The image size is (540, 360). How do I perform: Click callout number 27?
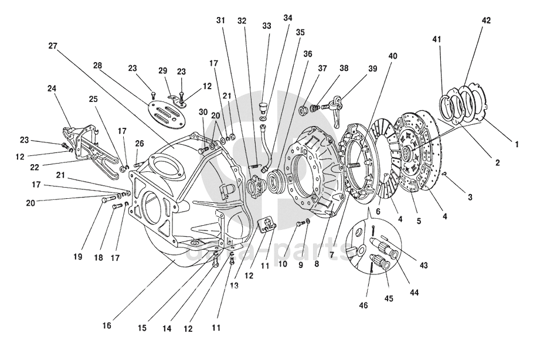click(x=53, y=46)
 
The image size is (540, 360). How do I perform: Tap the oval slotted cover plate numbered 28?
click(x=167, y=111)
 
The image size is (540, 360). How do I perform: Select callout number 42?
click(x=486, y=21)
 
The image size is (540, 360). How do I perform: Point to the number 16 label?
click(x=107, y=325)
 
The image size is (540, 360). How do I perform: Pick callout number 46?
click(x=364, y=305)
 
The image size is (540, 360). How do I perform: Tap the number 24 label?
click(x=52, y=89)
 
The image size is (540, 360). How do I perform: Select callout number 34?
click(x=288, y=18)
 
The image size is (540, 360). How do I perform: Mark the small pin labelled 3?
click(x=444, y=174)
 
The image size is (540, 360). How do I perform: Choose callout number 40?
click(x=393, y=56)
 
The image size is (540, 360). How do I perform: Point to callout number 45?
click(x=389, y=298)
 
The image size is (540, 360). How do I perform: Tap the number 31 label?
click(x=220, y=21)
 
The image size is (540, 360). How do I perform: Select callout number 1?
click(x=517, y=145)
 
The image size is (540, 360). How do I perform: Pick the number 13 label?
click(x=234, y=285)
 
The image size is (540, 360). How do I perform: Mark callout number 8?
click(x=317, y=264)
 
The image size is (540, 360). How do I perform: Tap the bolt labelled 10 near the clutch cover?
click(x=299, y=224)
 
